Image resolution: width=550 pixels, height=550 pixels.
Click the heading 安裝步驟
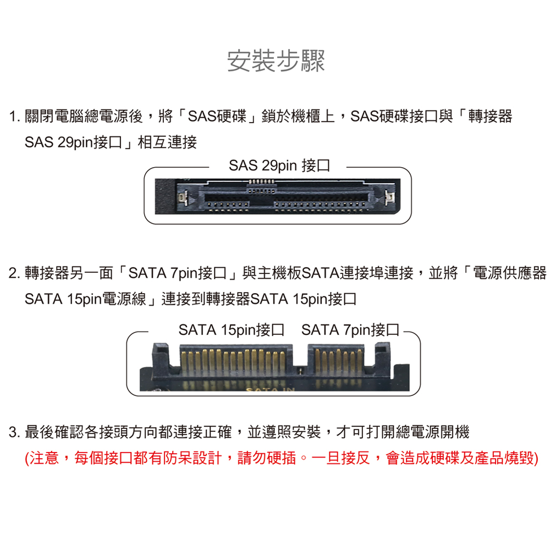pyautogui.click(x=276, y=61)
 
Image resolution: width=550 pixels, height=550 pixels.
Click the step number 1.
pyautogui.click(x=13, y=117)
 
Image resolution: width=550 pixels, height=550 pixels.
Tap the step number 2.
pyautogui.click(x=13, y=273)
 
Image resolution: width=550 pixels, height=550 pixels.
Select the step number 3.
pyautogui.click(x=13, y=432)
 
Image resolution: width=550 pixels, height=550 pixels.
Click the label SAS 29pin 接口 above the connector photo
pyautogui.click(x=279, y=166)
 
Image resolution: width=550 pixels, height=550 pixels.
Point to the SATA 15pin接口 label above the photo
pyautogui.click(x=231, y=329)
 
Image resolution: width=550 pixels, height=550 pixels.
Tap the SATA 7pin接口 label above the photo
pyautogui.click(x=350, y=329)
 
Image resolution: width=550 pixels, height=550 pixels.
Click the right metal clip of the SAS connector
pyautogui.click(x=389, y=197)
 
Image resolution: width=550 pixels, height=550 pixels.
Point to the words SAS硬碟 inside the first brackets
pyautogui.click(x=217, y=117)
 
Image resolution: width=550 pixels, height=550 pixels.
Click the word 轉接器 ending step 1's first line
pyautogui.click(x=490, y=117)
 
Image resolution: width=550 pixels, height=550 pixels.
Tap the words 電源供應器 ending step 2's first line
pyautogui.click(x=510, y=273)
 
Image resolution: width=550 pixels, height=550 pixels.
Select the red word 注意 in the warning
pyautogui.click(x=44, y=458)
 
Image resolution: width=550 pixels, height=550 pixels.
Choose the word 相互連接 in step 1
pyautogui.click(x=167, y=142)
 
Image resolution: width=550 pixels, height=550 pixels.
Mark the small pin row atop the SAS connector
pyautogui.click(x=261, y=182)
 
